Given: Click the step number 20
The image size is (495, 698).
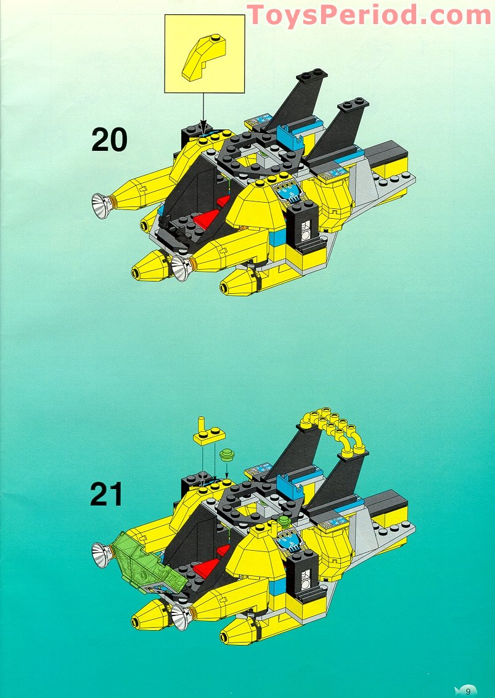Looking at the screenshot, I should (x=109, y=139).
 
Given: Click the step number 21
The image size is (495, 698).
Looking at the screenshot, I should (x=107, y=494).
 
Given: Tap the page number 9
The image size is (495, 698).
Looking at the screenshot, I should (x=468, y=690).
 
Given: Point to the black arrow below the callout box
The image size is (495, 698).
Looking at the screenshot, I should (x=203, y=114).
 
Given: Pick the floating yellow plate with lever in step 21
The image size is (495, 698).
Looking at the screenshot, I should (x=208, y=435).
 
